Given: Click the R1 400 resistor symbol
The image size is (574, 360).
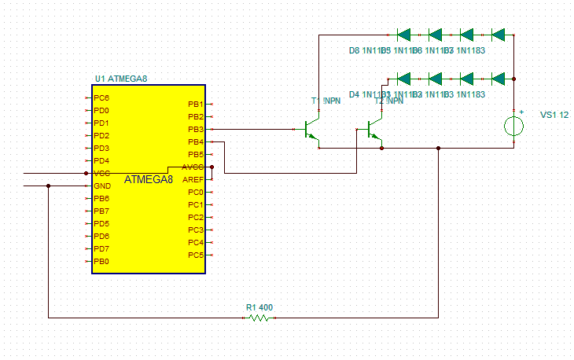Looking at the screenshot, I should coord(259,318).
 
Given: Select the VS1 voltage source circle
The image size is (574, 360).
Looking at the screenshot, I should coord(514,127).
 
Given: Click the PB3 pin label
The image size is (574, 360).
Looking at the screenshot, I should coord(195,129).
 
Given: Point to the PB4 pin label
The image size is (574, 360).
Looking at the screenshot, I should coord(195,141).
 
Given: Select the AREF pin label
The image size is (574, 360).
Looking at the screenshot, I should coord(193,179).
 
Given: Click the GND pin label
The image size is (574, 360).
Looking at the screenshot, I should coord(102,186).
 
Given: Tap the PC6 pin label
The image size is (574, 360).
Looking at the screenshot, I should coord(101,97).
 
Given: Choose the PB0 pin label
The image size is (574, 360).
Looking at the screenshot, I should coord(101,261).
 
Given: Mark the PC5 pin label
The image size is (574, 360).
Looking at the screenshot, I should coord(195,255).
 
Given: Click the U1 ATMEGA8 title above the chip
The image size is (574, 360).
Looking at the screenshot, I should coord(120,79).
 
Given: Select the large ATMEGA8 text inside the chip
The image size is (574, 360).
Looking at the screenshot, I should coord(149,179).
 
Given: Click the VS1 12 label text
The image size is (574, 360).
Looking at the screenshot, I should coord(554,115).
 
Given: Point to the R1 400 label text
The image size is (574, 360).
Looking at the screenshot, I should coord(259,307).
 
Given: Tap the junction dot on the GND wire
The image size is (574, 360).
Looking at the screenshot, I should coord(49,186).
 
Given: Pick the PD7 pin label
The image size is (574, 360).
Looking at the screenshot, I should coord(101,248).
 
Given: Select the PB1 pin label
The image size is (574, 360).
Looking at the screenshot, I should coord(195,104).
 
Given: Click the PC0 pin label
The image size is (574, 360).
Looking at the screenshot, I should coord(195,192).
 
